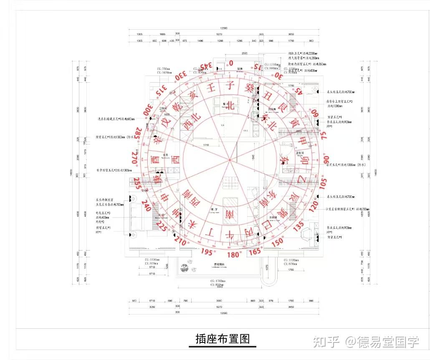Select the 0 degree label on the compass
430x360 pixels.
point(231,63)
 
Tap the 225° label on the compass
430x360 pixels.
point(162,226)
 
